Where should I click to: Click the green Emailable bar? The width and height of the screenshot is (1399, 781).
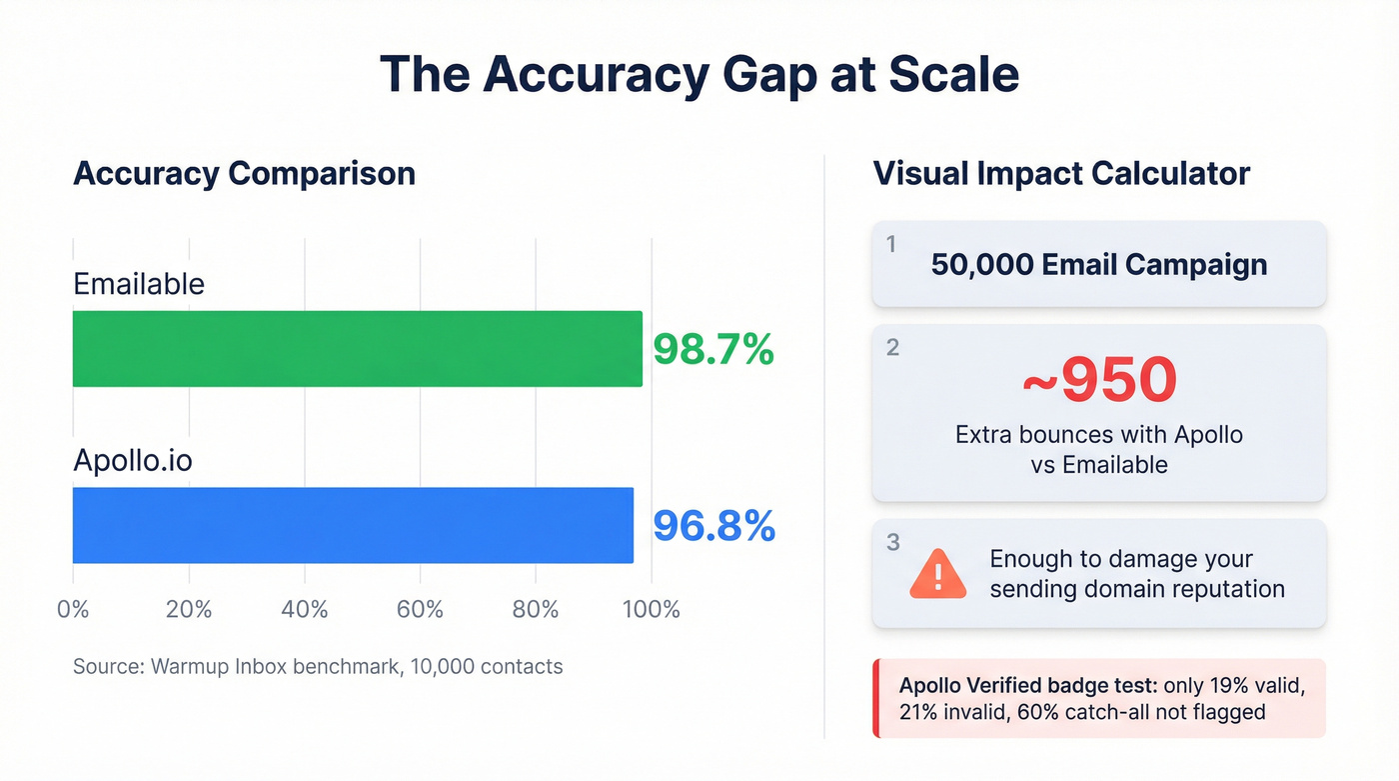click(357, 348)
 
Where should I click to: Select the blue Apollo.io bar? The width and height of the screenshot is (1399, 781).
click(353, 525)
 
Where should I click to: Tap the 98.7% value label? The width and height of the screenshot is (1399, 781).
click(713, 349)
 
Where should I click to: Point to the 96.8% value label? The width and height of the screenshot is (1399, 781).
click(713, 526)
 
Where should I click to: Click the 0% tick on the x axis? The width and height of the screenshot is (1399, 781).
click(73, 609)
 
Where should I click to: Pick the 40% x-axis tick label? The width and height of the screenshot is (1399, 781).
click(305, 609)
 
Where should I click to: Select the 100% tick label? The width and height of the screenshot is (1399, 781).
click(652, 609)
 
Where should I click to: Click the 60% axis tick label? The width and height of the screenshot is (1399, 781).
click(420, 609)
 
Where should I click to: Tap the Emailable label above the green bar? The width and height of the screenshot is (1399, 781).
click(139, 284)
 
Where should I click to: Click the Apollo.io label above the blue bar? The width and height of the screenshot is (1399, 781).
click(133, 461)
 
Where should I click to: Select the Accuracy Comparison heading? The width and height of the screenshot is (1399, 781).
click(244, 173)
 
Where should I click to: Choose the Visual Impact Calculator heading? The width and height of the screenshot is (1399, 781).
click(1061, 173)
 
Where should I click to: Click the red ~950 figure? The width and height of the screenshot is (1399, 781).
click(1099, 380)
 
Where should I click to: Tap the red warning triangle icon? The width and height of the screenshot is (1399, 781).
click(937, 574)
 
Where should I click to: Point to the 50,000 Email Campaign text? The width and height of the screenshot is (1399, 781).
click(1099, 264)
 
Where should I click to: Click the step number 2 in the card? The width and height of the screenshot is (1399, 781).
click(892, 347)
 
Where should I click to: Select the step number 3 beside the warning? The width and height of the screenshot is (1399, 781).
click(892, 542)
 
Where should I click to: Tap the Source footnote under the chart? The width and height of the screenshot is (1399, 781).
click(318, 666)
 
